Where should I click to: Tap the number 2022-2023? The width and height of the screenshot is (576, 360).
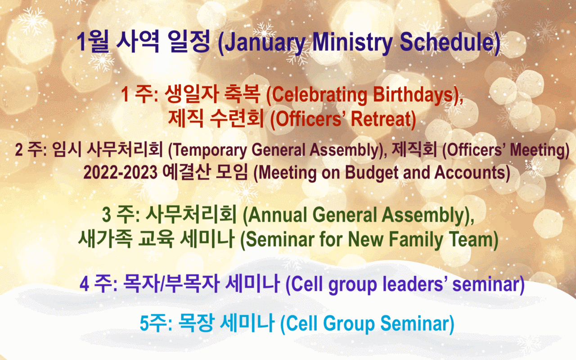[120, 172]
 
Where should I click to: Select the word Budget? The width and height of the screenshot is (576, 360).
[372, 173]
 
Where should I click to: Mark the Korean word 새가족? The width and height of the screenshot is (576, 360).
[105, 238]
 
